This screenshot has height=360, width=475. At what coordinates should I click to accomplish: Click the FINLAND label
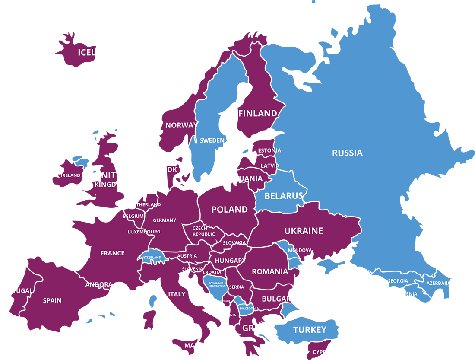(x=257, y=113)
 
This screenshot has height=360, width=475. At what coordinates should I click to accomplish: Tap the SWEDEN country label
(x=212, y=140)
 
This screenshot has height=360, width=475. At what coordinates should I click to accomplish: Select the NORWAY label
(x=181, y=125)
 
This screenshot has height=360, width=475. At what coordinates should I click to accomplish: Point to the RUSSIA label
(x=347, y=153)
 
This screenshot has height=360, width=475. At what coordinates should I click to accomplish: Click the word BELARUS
(x=284, y=196)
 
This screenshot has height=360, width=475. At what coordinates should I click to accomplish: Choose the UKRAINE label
(x=304, y=231)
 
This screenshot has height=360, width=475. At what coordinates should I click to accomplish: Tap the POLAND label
(x=229, y=210)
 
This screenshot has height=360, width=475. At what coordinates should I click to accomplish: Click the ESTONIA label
(x=269, y=150)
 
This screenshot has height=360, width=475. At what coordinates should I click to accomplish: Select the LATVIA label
(x=270, y=166)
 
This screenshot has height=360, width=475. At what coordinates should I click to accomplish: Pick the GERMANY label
(x=165, y=220)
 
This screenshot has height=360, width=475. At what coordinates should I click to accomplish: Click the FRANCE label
(x=112, y=253)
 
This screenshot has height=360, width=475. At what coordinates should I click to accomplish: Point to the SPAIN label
(x=52, y=300)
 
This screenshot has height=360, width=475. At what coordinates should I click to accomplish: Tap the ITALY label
(x=177, y=294)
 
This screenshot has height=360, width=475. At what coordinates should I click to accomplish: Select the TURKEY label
(x=310, y=330)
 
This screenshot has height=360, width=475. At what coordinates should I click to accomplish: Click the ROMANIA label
(x=270, y=271)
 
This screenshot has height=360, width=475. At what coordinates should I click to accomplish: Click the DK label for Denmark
(x=172, y=170)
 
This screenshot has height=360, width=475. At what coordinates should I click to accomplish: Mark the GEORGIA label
(x=397, y=281)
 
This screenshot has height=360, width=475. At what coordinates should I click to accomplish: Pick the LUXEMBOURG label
(x=144, y=232)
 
